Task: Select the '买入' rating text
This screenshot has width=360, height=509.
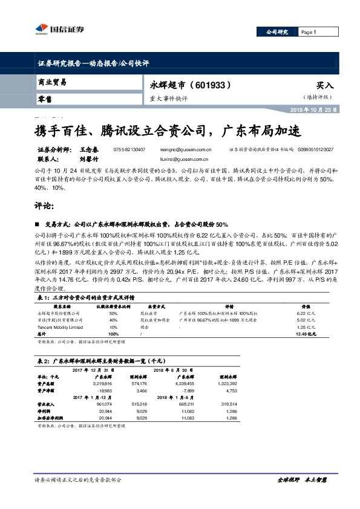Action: [325, 86]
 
